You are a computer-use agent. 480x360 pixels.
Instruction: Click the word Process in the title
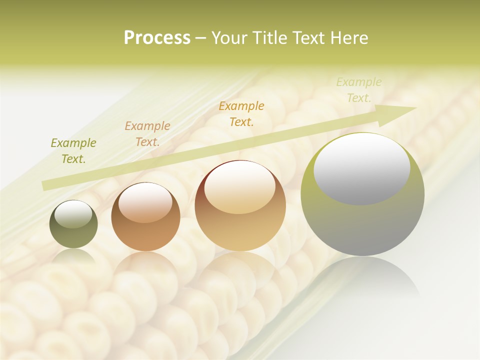pyautogui.click(x=157, y=38)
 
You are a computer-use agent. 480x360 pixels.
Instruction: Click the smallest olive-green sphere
pyautogui.click(x=73, y=224)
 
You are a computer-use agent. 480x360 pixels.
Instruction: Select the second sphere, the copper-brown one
pyautogui.click(x=145, y=216)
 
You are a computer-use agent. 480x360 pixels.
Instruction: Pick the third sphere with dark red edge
pyautogui.click(x=240, y=205)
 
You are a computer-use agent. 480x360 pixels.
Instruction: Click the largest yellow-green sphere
pyautogui.click(x=362, y=194)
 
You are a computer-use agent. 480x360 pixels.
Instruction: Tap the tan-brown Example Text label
pyautogui.click(x=147, y=134)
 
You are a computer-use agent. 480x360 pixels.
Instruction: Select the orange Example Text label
pyautogui.click(x=241, y=113)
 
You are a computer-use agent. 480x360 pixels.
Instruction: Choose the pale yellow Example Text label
pyautogui.click(x=358, y=90)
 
